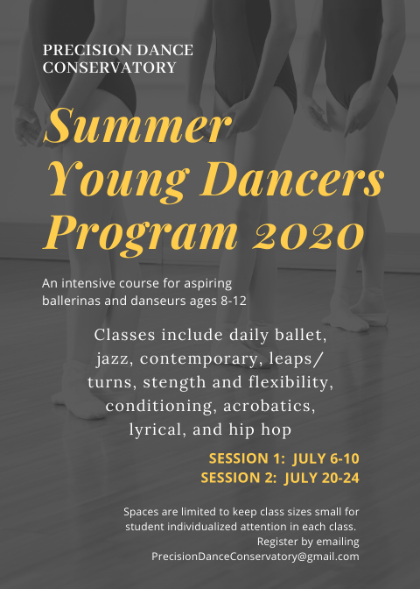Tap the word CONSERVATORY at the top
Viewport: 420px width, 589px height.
coord(109,67)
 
